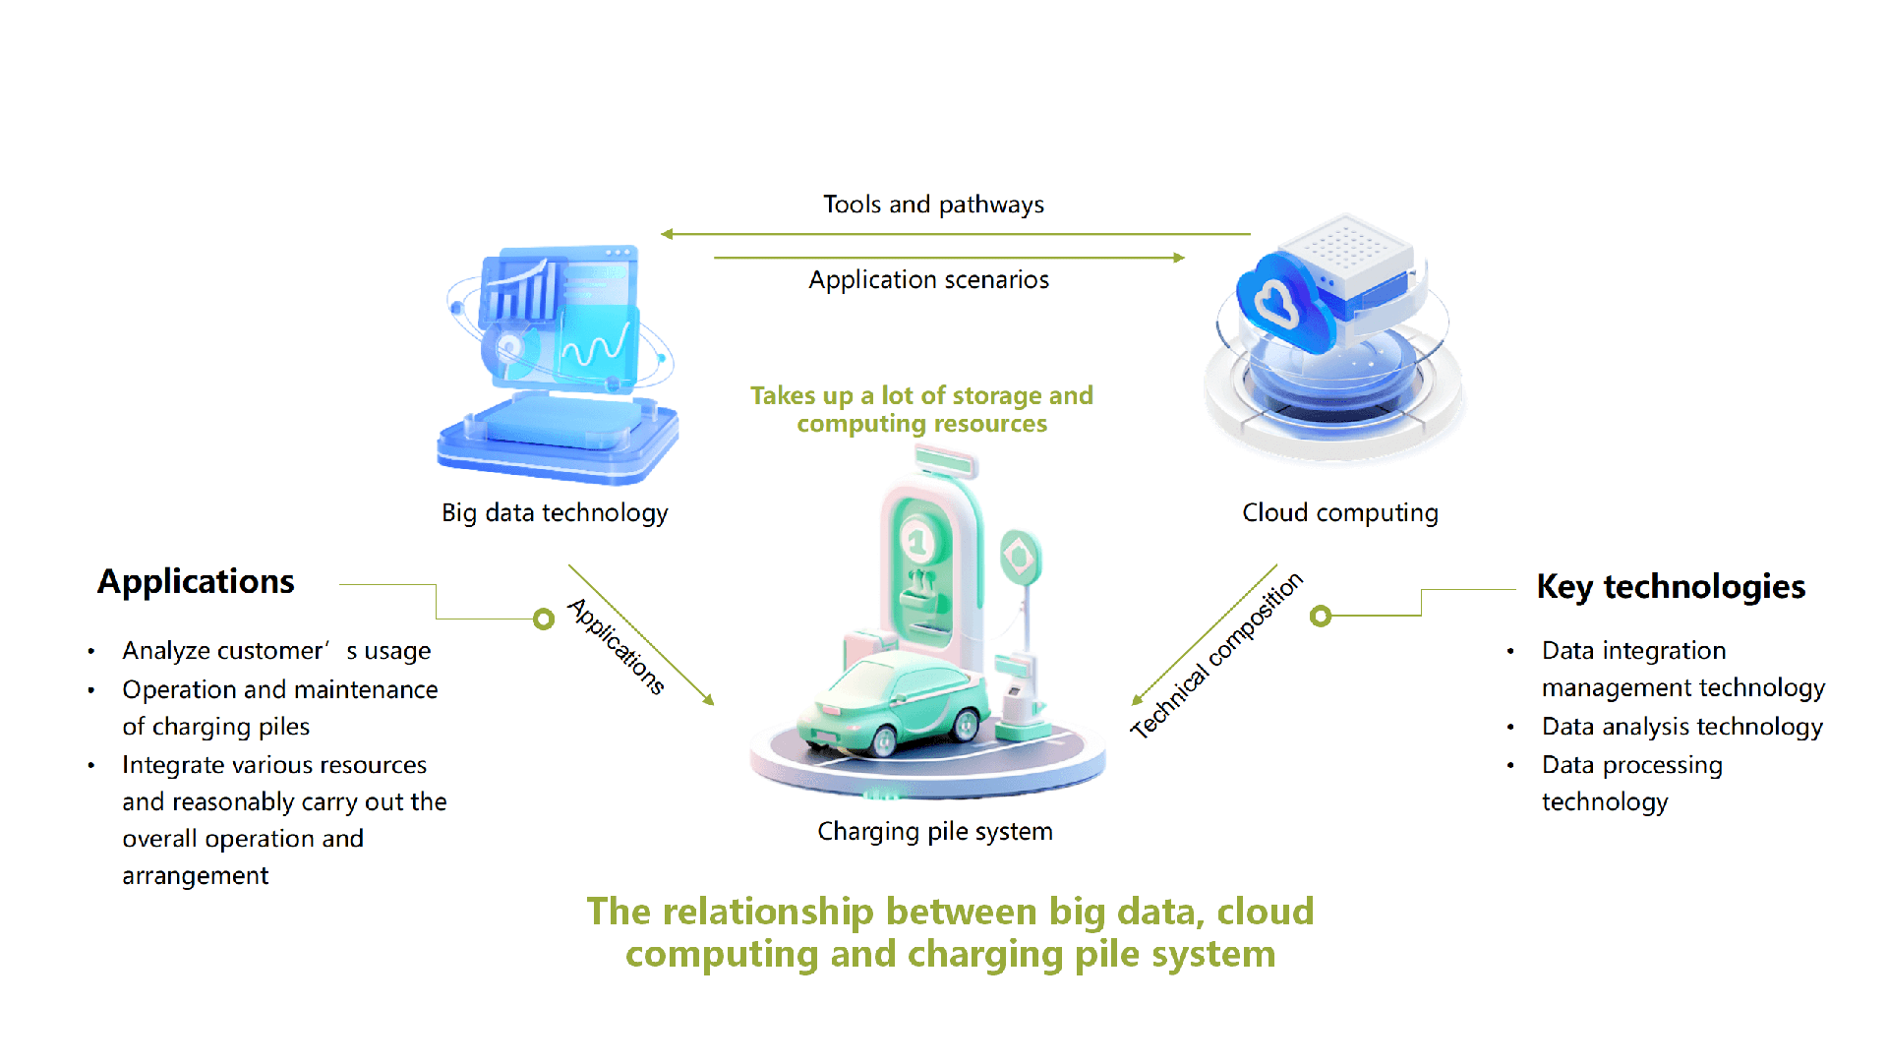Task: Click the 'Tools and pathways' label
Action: coord(933,205)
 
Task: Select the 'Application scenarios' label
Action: coord(928,280)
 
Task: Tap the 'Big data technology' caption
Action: coord(555,513)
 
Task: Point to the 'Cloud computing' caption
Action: coord(1339,513)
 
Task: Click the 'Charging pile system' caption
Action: coord(934,832)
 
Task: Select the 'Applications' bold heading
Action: coord(196,582)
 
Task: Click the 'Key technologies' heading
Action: coord(1671,587)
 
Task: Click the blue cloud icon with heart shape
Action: coord(1278,302)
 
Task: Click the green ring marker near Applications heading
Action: coord(544,619)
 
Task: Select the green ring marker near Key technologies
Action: coord(1321,617)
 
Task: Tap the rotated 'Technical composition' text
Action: coord(1216,655)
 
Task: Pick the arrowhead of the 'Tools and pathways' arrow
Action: coord(668,234)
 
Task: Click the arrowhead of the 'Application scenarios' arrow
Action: coord(1179,258)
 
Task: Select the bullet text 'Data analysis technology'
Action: coord(1681,727)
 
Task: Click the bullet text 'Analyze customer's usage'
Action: coord(276,651)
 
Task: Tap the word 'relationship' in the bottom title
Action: coord(767,913)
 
